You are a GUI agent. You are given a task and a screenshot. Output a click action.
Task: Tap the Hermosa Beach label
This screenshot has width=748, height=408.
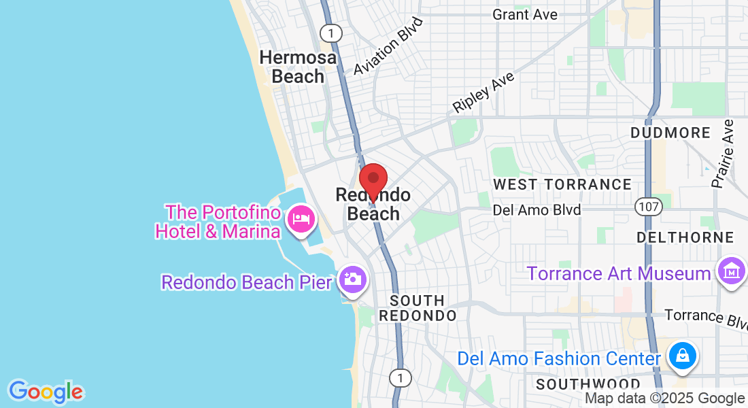point(298,67)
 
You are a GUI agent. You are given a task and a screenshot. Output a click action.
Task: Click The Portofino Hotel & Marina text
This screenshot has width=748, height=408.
point(218,222)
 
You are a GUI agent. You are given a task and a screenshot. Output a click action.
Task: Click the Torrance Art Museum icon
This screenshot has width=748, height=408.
point(732,272)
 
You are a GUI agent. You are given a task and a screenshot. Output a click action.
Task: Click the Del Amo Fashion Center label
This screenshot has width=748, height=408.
point(559,358)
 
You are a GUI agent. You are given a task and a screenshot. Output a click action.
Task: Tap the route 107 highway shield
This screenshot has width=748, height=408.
point(645,205)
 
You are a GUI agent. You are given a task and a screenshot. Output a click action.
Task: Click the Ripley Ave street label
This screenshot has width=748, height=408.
point(484,92)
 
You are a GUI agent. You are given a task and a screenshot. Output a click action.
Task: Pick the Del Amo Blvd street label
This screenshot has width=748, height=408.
point(537,209)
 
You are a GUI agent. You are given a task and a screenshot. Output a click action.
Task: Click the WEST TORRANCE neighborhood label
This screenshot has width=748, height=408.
point(562,184)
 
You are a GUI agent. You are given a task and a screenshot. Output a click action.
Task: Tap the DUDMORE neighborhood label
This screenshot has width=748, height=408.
point(670,133)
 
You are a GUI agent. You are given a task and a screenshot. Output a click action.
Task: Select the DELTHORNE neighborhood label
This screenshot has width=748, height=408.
point(685,237)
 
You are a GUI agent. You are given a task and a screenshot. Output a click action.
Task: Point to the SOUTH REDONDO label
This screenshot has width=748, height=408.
point(418,308)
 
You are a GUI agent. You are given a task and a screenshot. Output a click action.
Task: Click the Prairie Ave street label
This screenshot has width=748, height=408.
point(723,154)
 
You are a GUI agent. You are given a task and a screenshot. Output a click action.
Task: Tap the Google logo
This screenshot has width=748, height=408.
point(46,392)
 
